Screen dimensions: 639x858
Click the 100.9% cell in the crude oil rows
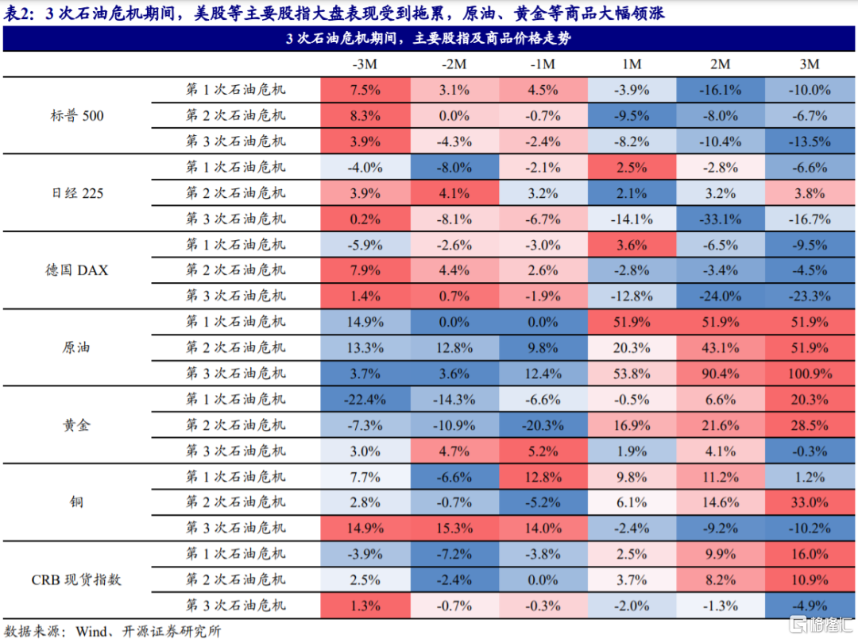pos(809,373)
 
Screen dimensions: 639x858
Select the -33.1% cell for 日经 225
pos(720,219)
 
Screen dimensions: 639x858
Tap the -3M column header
pos(365,64)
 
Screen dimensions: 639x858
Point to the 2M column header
pos(720,64)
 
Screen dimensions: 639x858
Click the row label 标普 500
pos(76,116)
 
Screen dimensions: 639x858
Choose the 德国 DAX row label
pos(76,270)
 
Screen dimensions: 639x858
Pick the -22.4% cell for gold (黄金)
pos(365,399)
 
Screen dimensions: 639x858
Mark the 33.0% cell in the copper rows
pos(809,502)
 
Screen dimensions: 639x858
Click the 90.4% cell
pos(720,373)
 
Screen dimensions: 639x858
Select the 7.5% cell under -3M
pos(365,90)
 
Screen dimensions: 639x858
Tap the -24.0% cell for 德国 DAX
pos(720,296)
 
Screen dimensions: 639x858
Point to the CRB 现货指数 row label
pos(76,579)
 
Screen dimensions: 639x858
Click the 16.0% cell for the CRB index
pos(809,554)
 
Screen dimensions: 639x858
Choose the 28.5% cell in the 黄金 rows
pos(809,424)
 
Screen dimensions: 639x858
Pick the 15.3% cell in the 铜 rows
pos(454,528)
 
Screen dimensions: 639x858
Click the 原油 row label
pos(76,347)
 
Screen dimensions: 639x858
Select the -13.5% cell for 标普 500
pos(809,141)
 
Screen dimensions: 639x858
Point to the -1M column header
pos(543,64)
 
